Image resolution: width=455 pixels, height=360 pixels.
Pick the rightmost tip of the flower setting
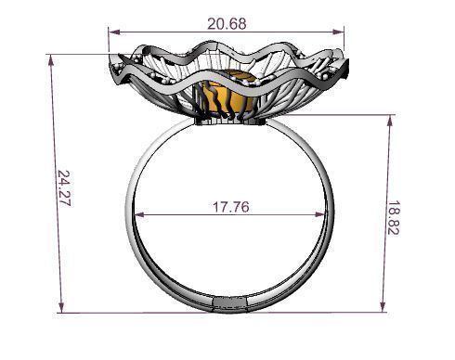tap(354, 65)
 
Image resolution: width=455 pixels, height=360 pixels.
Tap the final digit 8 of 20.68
tap(243, 23)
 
